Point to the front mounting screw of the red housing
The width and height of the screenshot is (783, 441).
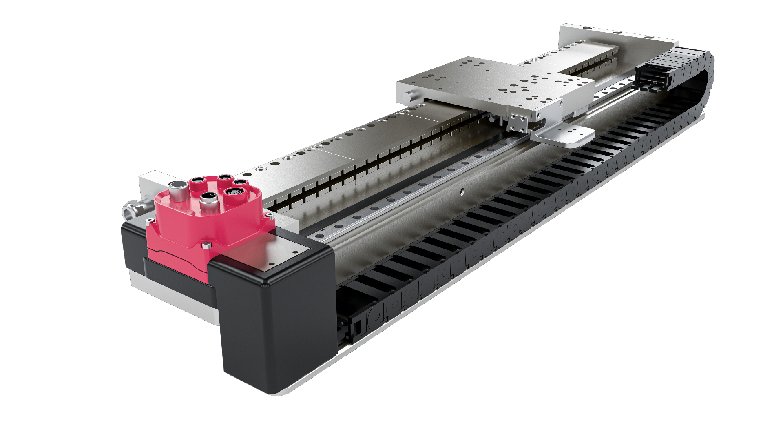208,245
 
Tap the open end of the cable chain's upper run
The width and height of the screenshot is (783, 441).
652,76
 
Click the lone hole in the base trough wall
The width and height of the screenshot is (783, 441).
462,191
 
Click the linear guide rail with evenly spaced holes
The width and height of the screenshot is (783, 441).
408,192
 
